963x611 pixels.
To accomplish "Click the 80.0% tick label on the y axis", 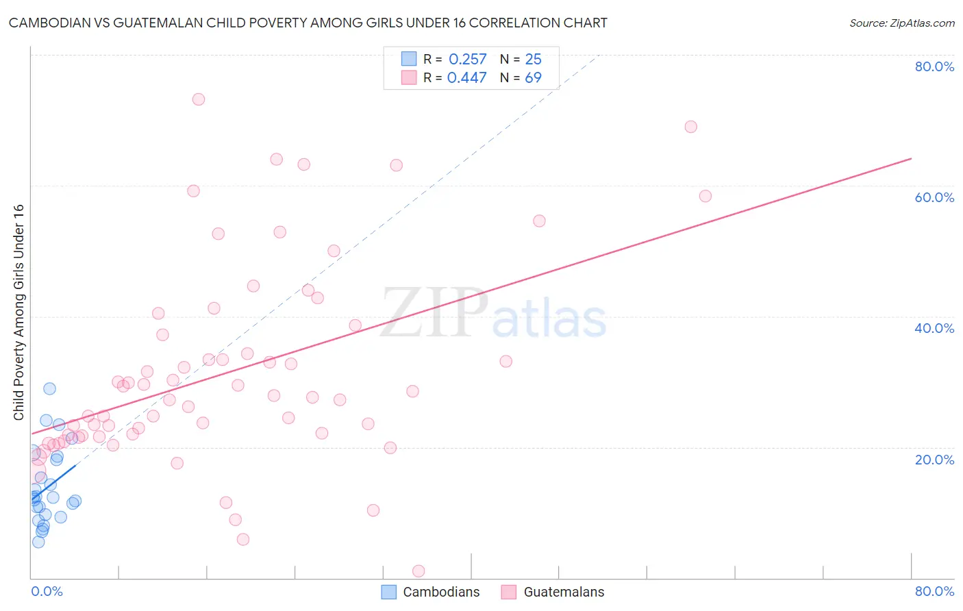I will click(x=934, y=66).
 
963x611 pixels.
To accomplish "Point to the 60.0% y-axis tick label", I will click(x=934, y=197).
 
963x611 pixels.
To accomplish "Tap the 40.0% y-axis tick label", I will click(x=934, y=328).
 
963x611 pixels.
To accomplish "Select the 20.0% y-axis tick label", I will click(x=934, y=460).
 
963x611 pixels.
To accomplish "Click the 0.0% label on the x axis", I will click(x=47, y=591).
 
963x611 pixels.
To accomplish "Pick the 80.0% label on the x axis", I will click(x=934, y=591).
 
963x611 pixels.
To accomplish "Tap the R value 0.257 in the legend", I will click(x=467, y=60).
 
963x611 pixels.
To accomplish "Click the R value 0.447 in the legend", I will click(x=466, y=78).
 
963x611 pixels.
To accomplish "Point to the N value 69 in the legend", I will click(x=533, y=78).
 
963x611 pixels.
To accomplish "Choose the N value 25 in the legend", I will click(x=533, y=60).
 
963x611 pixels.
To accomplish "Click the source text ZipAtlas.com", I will click(x=901, y=23).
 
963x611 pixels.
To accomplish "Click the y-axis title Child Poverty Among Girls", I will click(x=18, y=312).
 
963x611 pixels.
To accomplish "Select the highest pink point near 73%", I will click(x=199, y=99).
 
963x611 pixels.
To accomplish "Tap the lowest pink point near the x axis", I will click(x=418, y=571).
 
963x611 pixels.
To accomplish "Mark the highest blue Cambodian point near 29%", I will click(x=49, y=388).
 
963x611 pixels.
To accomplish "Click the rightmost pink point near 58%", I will click(x=705, y=196).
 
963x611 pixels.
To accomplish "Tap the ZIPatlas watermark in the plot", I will click(x=493, y=314).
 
